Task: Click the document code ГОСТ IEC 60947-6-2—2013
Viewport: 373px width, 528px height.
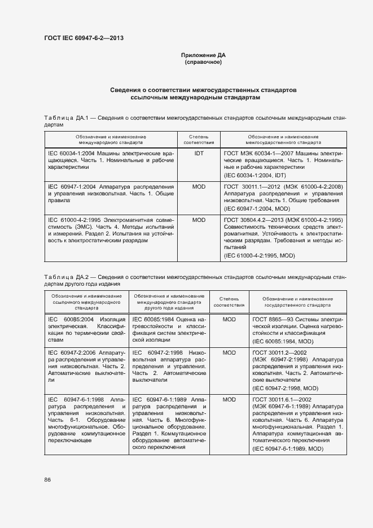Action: point(84,38)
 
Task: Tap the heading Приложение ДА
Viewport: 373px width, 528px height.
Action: point(203,55)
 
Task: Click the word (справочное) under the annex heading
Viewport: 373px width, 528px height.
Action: point(203,62)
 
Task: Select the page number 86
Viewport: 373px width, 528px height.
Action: point(47,479)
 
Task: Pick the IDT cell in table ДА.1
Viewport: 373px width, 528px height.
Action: point(199,153)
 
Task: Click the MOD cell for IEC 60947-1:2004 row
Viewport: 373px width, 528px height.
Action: point(199,186)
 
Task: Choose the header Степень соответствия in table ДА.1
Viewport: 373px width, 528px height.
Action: point(199,140)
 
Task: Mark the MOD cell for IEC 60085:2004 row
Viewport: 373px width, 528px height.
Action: point(229,319)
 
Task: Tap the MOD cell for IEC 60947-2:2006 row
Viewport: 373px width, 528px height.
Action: point(229,352)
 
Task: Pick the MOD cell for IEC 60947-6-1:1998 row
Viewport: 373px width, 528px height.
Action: point(229,399)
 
